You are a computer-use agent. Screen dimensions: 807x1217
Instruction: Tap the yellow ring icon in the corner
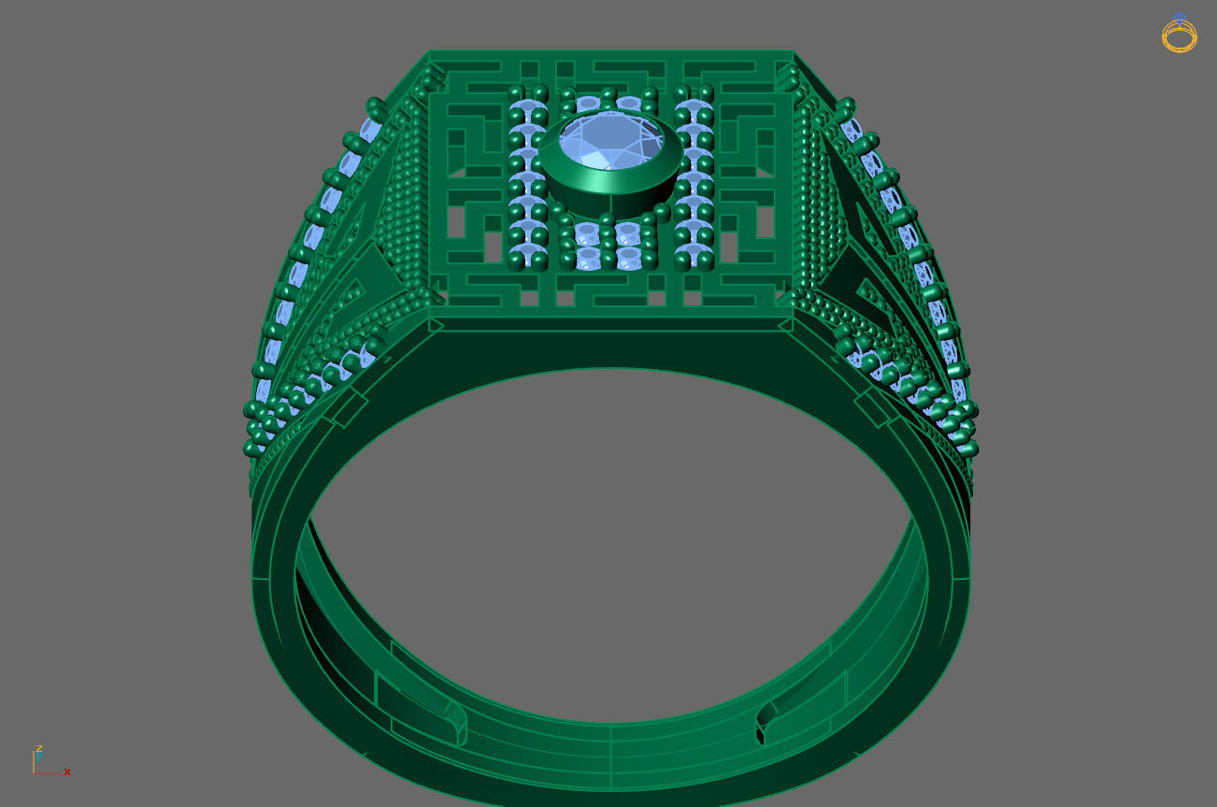pos(1179,35)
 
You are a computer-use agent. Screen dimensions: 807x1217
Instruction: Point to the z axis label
pos(39,748)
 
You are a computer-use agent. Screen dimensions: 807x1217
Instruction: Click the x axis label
pos(67,772)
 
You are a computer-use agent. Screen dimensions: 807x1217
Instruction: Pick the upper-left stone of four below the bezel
pos(587,231)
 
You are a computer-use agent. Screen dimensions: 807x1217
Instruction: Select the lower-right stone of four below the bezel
pos(629,257)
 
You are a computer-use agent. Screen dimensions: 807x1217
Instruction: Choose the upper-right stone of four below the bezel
pos(629,231)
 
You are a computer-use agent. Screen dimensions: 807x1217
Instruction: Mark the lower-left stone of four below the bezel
pos(587,257)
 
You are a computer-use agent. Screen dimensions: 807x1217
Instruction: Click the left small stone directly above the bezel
pos(587,103)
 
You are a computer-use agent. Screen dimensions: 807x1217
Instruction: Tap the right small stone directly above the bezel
pos(629,103)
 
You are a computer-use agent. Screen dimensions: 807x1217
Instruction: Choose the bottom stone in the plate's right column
pos(693,257)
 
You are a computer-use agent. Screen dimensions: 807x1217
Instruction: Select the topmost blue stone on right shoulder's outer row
pos(852,129)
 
